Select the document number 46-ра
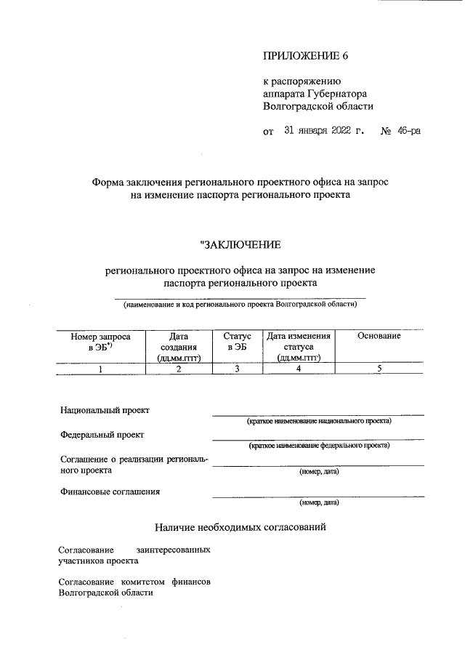click(x=408, y=131)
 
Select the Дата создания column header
click(x=178, y=347)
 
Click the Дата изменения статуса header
click(x=298, y=347)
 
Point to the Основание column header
click(x=379, y=336)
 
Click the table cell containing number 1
click(x=100, y=369)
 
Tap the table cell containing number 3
click(x=237, y=369)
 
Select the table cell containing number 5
click(x=379, y=369)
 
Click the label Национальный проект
click(x=105, y=410)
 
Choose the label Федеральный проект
click(x=102, y=435)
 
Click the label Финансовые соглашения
click(x=110, y=492)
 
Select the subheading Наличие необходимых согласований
click(x=240, y=526)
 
